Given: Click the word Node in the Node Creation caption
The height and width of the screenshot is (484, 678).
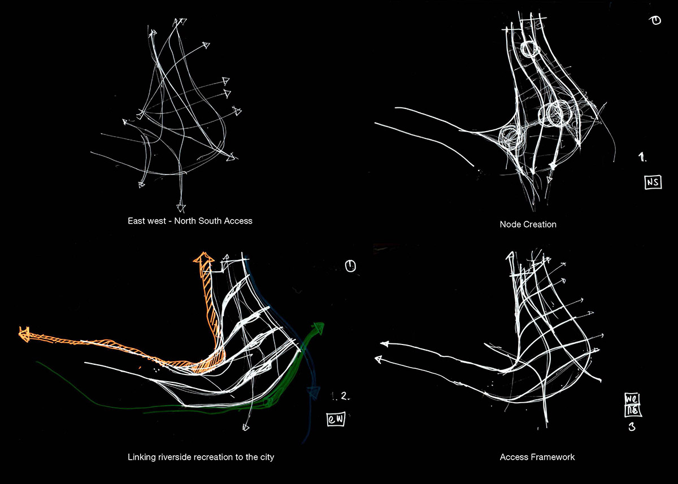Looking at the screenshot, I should [x=510, y=224].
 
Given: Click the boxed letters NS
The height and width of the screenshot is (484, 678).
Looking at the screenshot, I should [x=653, y=182].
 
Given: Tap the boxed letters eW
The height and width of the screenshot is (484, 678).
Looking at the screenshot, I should [x=336, y=420].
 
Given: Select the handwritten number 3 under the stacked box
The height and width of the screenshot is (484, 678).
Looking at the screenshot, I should [x=631, y=427].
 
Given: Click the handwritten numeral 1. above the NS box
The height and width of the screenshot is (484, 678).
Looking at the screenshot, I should [x=643, y=157].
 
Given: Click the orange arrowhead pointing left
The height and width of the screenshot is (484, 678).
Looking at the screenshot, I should [x=24, y=333].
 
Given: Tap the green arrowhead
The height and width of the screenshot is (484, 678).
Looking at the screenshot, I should [x=319, y=327].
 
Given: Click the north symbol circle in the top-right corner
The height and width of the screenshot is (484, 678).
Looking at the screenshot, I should [x=656, y=21].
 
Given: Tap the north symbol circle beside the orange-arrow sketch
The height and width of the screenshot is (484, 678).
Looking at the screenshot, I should [x=350, y=266].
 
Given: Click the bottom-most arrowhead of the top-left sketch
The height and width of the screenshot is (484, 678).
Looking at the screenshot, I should [x=181, y=207].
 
